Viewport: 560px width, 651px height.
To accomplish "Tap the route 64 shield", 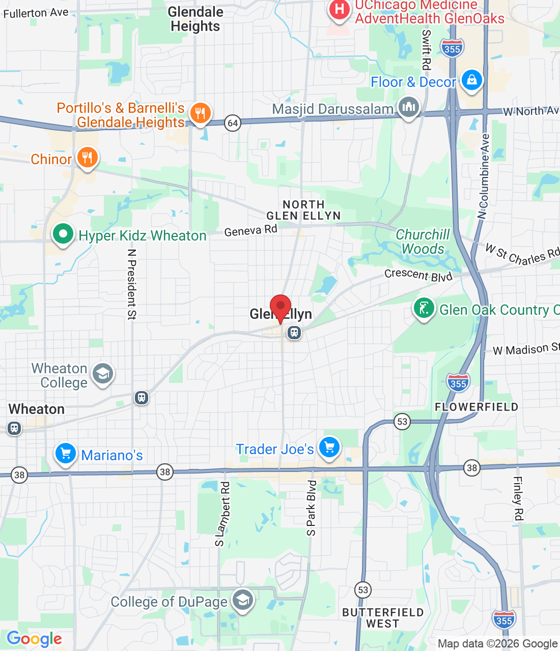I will tap(233, 123).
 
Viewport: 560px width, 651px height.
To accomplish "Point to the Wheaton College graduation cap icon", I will tap(103, 374).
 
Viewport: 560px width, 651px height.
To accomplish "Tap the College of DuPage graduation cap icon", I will tap(243, 600).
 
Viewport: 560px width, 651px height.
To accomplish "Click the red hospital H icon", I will tap(339, 9).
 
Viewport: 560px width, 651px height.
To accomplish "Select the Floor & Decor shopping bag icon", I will tap(471, 80).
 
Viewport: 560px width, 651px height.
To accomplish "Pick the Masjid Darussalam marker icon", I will tap(409, 107).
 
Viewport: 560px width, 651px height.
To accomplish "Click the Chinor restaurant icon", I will tap(88, 158).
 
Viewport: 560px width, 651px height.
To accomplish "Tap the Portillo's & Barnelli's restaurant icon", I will tap(200, 113).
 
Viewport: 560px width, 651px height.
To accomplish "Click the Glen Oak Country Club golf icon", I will tap(424, 308).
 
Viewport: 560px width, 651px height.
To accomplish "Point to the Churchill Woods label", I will tap(423, 242).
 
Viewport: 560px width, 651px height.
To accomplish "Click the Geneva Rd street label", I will tap(250, 230).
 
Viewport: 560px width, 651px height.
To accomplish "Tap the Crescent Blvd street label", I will tap(418, 275).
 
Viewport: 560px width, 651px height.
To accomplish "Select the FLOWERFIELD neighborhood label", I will tap(476, 407).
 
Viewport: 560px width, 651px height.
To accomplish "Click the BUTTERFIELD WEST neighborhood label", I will tap(383, 617).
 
